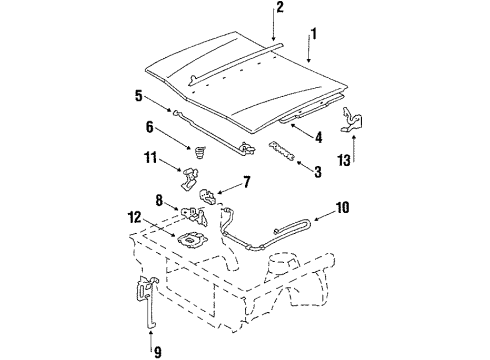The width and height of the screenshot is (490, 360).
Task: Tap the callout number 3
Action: (x=317, y=172)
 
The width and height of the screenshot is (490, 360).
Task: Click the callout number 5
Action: (x=138, y=97)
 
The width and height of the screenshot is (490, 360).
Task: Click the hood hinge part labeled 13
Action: (x=349, y=120)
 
